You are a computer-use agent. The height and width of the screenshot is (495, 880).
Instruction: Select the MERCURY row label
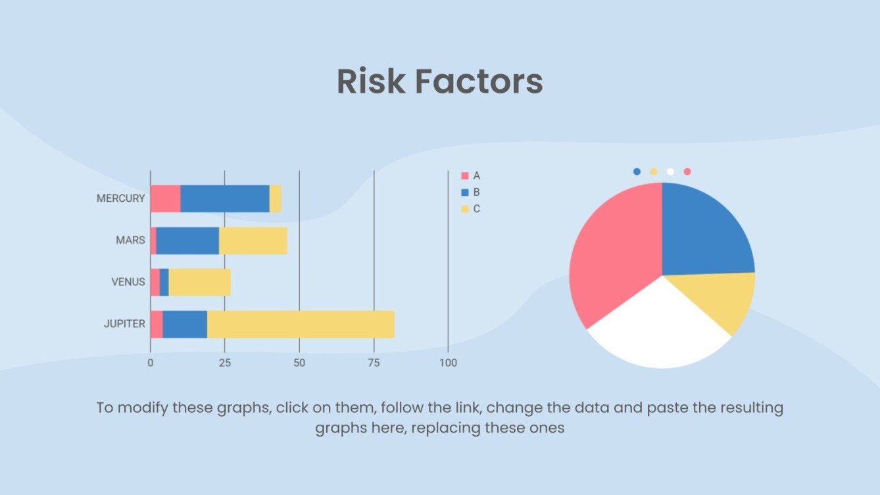[x=120, y=198]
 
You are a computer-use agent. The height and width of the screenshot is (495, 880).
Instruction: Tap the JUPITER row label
[x=124, y=323]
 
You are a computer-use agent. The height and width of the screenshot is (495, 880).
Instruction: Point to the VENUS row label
[x=128, y=282]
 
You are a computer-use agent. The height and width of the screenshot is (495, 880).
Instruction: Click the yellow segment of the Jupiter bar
[x=301, y=324]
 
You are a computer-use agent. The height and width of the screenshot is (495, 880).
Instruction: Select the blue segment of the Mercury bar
[x=225, y=199]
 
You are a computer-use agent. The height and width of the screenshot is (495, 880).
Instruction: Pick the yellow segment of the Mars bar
[x=253, y=241]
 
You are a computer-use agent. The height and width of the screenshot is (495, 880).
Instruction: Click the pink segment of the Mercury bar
[x=165, y=199]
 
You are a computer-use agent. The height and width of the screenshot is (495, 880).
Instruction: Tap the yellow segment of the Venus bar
[x=199, y=282]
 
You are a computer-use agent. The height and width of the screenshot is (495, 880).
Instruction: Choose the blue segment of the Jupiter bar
[x=185, y=324]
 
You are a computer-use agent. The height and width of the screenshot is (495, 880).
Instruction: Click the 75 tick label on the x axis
[x=374, y=363]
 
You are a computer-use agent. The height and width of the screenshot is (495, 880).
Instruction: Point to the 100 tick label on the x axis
[x=448, y=363]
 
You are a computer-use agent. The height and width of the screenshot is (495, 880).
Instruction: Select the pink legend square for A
[x=465, y=176]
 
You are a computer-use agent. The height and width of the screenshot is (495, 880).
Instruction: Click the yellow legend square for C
[x=465, y=209]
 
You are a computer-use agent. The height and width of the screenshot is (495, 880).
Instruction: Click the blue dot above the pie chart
[x=637, y=172]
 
